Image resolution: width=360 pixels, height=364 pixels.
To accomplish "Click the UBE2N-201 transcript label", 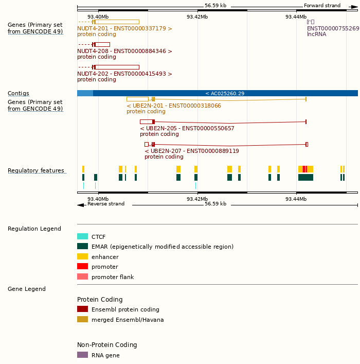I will click(174, 106).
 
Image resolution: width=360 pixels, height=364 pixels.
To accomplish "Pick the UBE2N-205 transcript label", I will click(187, 128).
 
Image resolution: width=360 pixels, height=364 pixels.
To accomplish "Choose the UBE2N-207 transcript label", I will click(192, 151).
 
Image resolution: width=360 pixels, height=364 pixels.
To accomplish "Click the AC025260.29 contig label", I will click(225, 93).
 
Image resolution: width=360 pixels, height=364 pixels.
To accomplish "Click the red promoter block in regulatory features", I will click(304, 169).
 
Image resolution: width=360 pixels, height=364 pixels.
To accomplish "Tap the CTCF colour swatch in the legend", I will click(82, 236).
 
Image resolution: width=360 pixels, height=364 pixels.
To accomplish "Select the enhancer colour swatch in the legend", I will click(82, 256).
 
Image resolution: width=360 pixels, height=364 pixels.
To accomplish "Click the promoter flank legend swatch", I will click(82, 276).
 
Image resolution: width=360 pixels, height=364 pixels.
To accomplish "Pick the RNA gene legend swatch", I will click(82, 355).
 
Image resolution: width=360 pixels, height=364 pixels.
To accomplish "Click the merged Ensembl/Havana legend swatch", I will click(82, 319).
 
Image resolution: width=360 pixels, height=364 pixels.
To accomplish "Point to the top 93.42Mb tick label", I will click(197, 16).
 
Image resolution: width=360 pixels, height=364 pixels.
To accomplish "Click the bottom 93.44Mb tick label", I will click(296, 199).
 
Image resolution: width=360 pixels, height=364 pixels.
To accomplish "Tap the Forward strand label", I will click(322, 6).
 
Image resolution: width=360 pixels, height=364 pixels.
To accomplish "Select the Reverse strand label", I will click(106, 204).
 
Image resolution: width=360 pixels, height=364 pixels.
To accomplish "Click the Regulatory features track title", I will click(36, 170).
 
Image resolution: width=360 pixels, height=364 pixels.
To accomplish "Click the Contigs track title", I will click(19, 93).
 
